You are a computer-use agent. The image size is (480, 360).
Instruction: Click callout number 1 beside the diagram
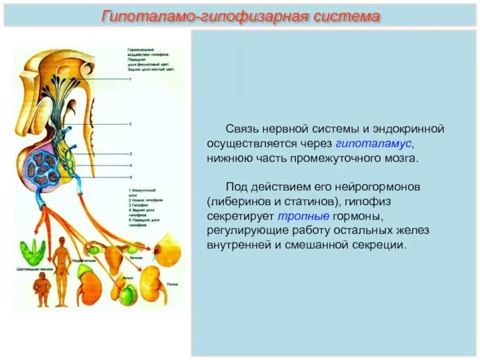click(130, 79)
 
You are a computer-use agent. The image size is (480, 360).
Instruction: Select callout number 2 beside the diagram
click(130, 124)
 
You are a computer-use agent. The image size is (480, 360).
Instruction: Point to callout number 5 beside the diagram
click(130, 177)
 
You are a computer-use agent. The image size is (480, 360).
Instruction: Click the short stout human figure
click(42, 291)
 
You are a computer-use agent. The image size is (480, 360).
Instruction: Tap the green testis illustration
click(127, 293)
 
